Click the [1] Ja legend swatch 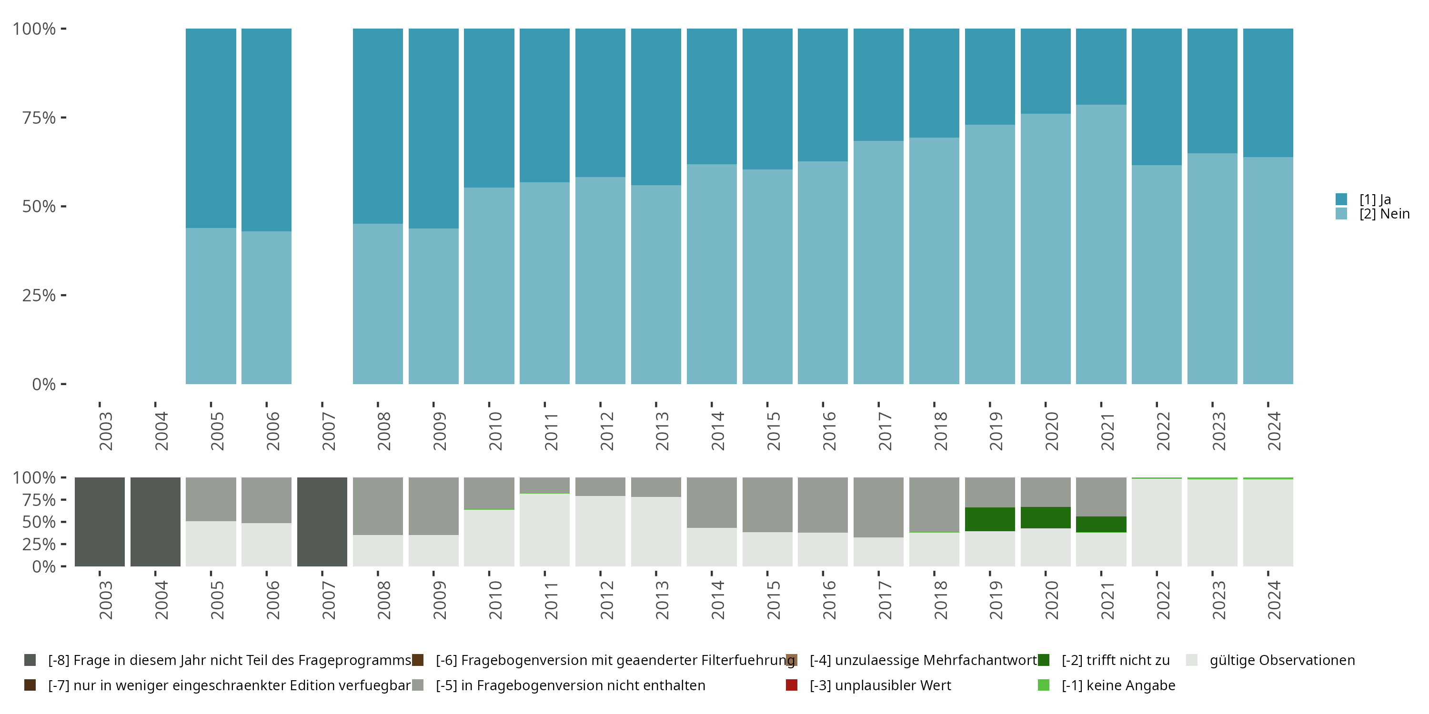click(1341, 199)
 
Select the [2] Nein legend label click(1384, 214)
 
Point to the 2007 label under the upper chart click(328, 431)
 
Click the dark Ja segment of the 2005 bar click(211, 128)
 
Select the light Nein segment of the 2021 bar click(1101, 244)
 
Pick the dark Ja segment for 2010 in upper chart click(489, 108)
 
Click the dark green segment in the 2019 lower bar click(990, 519)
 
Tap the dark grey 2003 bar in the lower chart click(100, 522)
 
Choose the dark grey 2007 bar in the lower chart click(322, 522)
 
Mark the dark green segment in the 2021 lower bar click(1101, 525)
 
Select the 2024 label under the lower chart click(1274, 600)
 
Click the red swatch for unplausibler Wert click(792, 685)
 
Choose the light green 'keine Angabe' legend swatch click(1044, 685)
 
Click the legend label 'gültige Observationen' click(1282, 660)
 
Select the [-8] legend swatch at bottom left click(30, 660)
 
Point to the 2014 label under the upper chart click(718, 431)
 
